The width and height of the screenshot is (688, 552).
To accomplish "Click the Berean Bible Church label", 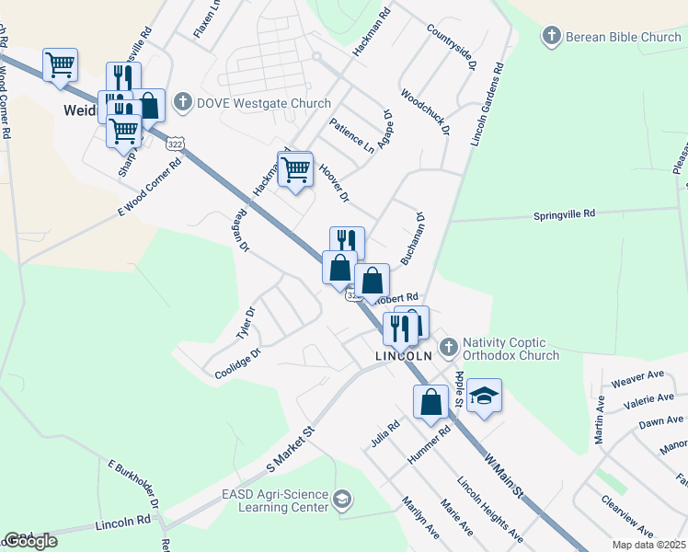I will pyautogui.click(x=624, y=37).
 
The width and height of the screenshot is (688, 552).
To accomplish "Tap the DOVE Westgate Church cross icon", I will pyautogui.click(x=182, y=102).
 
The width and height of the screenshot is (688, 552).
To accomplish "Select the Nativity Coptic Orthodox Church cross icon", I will pyautogui.click(x=448, y=347).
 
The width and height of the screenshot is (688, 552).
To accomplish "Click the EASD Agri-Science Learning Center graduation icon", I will pyautogui.click(x=341, y=500).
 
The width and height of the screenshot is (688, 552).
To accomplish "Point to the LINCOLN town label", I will pyautogui.click(x=403, y=355).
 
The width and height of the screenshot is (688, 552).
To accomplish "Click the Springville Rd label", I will pyautogui.click(x=565, y=213).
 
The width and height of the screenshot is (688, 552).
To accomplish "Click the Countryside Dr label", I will pyautogui.click(x=452, y=47).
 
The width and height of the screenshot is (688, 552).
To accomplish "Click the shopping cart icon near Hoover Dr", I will pyautogui.click(x=295, y=169).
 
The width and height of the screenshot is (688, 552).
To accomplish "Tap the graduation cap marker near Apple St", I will pyautogui.click(x=484, y=396).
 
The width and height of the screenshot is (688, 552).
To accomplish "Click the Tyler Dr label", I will pyautogui.click(x=245, y=323).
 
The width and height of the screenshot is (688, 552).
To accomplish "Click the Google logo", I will pyautogui.click(x=30, y=541).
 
